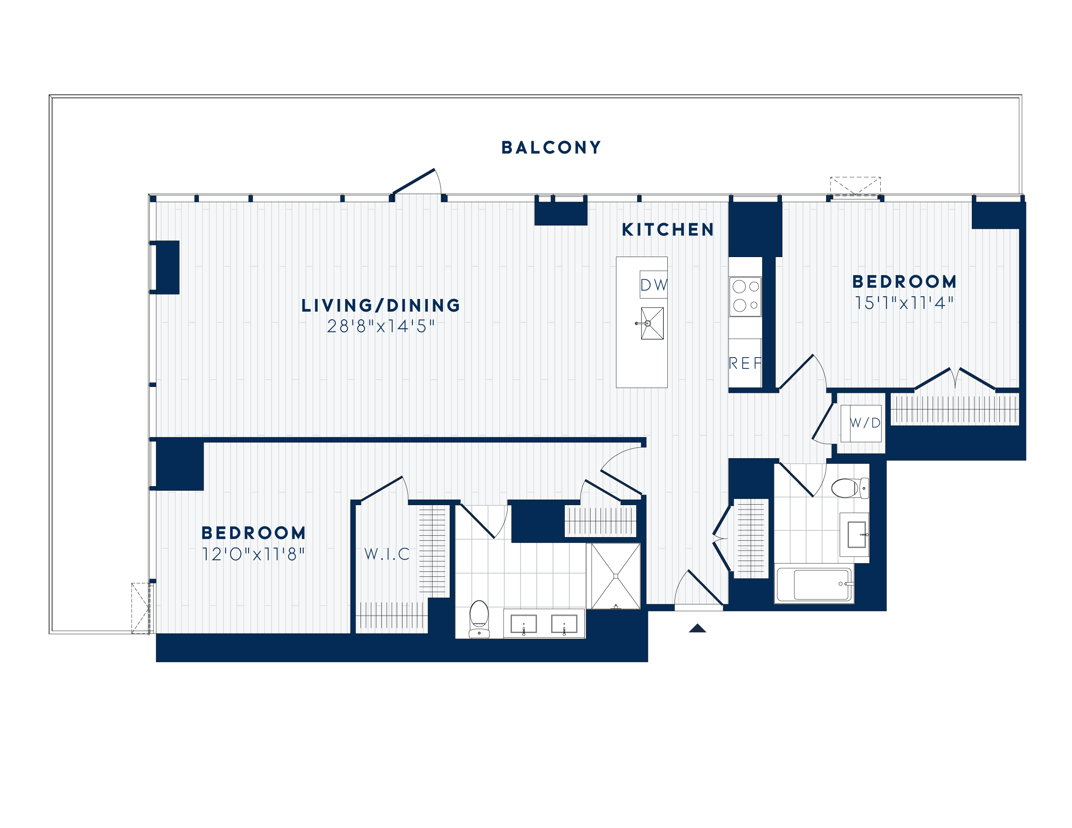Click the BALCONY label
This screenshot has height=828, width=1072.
(x=551, y=147)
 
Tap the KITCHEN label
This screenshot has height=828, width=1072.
(x=668, y=230)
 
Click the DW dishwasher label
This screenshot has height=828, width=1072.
(x=653, y=285)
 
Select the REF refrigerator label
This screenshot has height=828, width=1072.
(x=744, y=363)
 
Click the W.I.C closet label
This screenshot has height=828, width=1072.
(x=387, y=554)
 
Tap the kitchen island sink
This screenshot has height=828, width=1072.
(x=652, y=323)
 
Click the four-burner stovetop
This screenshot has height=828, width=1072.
(x=745, y=296)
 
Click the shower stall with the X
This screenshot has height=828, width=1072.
(x=615, y=576)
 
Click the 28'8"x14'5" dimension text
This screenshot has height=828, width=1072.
(x=381, y=327)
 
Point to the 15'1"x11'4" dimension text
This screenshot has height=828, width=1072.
(x=904, y=303)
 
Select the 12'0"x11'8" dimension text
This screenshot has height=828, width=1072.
(x=253, y=555)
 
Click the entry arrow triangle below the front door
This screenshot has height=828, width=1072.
(x=697, y=628)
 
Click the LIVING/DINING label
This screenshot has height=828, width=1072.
(x=381, y=306)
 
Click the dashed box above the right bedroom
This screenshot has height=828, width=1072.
(x=855, y=186)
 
